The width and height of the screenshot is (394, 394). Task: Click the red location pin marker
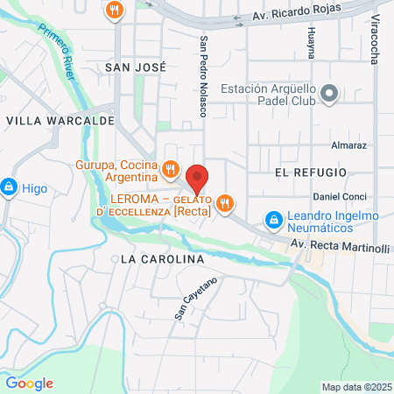click(198, 178)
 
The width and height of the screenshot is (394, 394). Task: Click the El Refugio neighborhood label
click(310, 172)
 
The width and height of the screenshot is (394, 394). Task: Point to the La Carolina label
click(162, 260)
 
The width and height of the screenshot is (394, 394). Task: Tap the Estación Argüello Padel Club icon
click(329, 93)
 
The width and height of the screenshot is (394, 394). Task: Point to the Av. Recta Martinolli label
click(340, 248)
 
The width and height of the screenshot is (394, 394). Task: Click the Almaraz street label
click(349, 145)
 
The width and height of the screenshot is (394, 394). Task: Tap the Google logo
click(29, 383)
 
